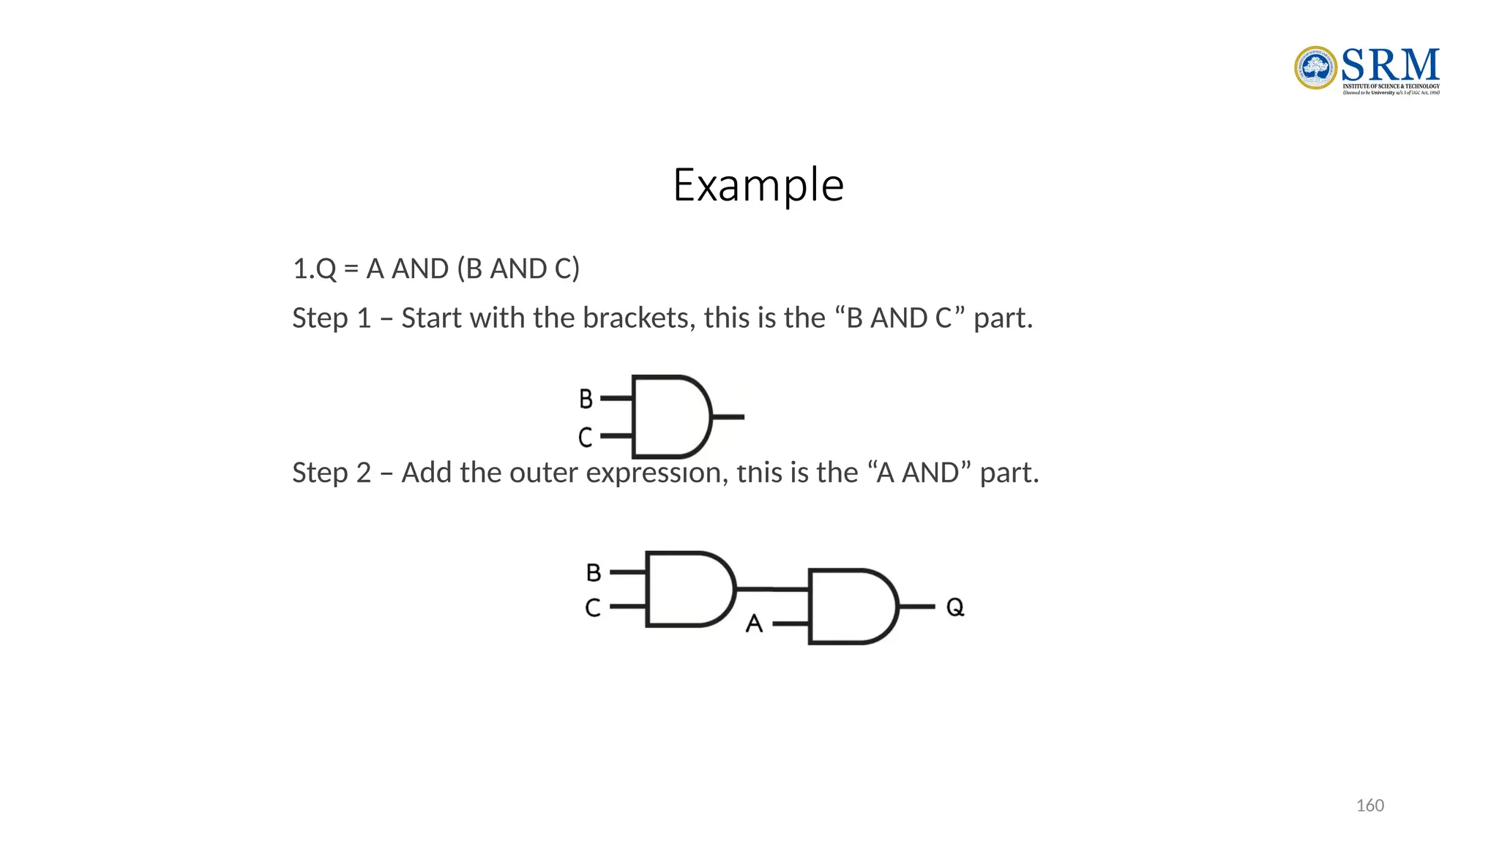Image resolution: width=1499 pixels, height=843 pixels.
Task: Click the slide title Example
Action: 758,184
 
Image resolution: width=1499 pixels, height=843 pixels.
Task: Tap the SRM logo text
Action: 1390,65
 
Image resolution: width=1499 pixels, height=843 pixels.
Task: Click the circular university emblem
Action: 1315,68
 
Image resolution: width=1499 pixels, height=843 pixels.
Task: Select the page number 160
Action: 1369,806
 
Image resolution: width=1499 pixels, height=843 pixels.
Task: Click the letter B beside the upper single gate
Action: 586,399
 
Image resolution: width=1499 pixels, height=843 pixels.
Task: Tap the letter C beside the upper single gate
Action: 585,438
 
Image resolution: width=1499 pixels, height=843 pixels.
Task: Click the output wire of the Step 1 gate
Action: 728,417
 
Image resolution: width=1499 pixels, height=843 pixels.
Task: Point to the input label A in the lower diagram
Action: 754,623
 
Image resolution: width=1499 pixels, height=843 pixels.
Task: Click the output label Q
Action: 955,607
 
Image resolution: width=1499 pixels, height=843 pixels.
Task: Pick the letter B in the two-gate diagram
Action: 594,572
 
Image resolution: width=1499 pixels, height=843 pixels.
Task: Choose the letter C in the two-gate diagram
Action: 593,607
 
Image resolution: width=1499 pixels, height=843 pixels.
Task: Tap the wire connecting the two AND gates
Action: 772,588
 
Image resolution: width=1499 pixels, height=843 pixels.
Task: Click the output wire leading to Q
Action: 916,607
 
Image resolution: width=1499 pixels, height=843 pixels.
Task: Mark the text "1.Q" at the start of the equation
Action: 315,269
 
